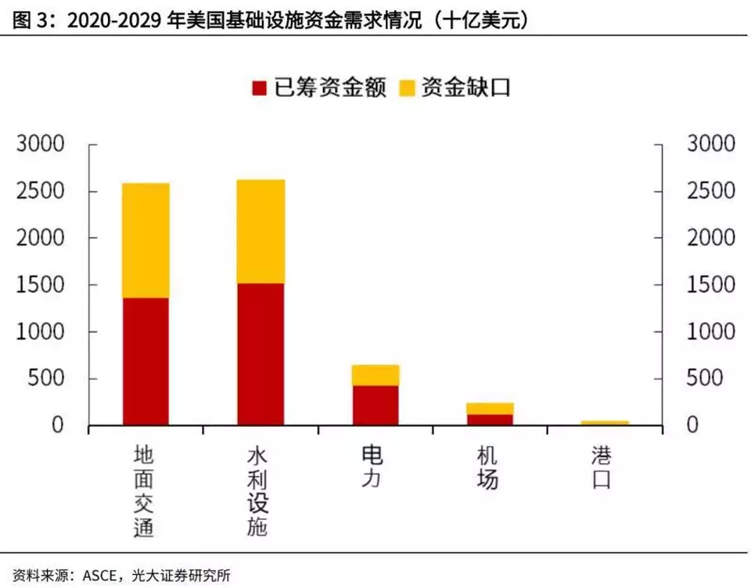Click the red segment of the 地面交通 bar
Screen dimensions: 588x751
(x=146, y=361)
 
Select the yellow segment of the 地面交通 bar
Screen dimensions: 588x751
(x=146, y=241)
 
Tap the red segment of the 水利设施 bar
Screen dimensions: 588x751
(x=261, y=354)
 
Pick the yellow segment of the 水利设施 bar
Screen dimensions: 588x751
(x=261, y=231)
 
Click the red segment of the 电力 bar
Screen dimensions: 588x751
(x=375, y=405)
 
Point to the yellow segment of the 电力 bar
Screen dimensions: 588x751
(x=375, y=375)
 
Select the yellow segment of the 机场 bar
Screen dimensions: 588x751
(x=490, y=408)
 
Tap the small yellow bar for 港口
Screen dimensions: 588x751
(x=605, y=423)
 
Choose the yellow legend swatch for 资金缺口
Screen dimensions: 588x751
(x=407, y=87)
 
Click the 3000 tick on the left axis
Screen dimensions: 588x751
(x=38, y=145)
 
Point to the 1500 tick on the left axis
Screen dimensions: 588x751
(x=38, y=285)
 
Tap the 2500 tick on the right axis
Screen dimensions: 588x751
(x=710, y=192)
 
